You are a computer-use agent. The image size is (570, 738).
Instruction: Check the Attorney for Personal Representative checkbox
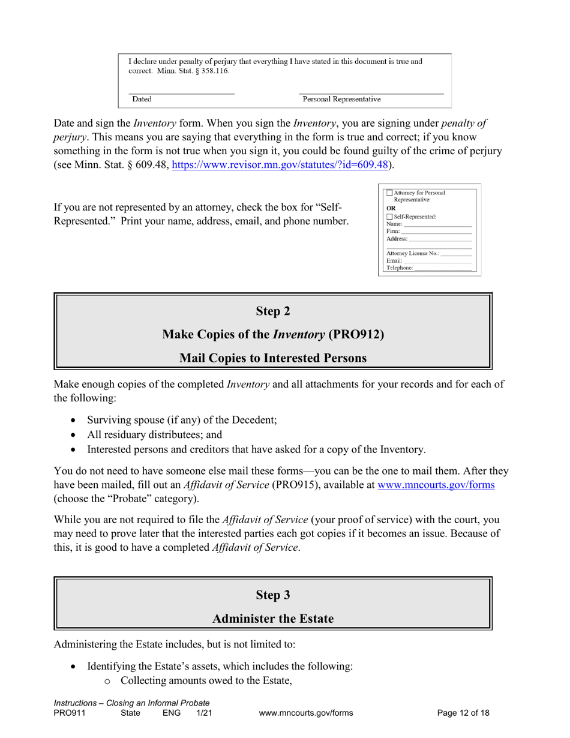[389, 193]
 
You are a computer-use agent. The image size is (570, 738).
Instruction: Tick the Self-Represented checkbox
[389, 217]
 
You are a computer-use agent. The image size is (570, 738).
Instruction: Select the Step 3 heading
[273, 595]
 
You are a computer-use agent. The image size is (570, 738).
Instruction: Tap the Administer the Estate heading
[273, 618]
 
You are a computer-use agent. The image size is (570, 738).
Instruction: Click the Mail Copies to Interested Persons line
[273, 358]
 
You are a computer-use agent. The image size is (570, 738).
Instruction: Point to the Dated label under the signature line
[142, 99]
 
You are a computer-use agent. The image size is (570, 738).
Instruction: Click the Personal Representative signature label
[341, 99]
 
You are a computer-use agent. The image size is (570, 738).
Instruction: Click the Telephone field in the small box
[443, 268]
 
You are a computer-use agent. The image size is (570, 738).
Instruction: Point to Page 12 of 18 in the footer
[463, 713]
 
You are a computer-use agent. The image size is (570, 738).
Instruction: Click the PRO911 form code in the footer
[67, 713]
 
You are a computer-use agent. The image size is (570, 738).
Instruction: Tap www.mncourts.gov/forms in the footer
[306, 713]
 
